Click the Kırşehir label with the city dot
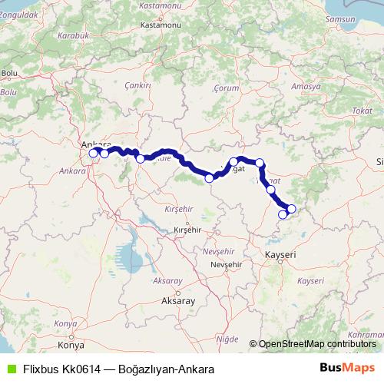coord(187,230)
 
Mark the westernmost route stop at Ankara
coord(94,154)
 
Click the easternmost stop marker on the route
coord(291,208)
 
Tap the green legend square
coord(8,369)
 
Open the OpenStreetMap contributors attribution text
coord(317,344)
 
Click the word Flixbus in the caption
coord(42,369)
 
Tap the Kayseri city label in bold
coord(280,253)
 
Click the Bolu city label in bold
coord(10,73)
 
